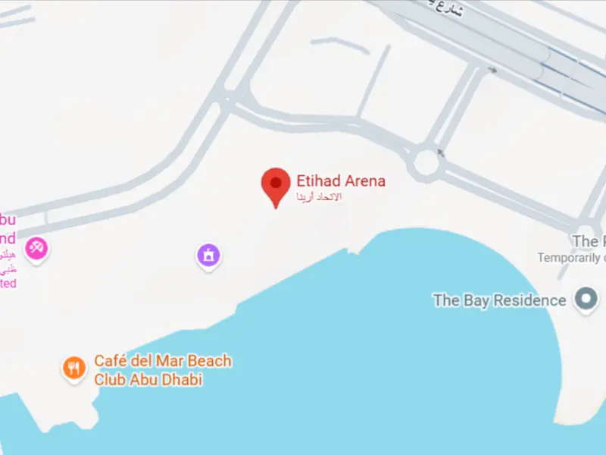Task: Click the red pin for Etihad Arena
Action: (x=275, y=184)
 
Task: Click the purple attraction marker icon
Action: (x=209, y=255)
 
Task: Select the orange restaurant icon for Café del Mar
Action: (x=73, y=369)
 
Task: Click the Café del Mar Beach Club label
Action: (x=162, y=370)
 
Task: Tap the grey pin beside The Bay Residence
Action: (x=586, y=300)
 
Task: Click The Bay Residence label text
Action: (x=499, y=300)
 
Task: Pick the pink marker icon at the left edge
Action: (x=36, y=247)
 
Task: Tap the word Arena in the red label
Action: (x=365, y=180)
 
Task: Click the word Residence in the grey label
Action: (x=529, y=300)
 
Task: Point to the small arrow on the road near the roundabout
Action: (x=441, y=152)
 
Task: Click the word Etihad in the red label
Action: (x=317, y=180)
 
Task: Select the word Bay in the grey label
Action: (x=476, y=300)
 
